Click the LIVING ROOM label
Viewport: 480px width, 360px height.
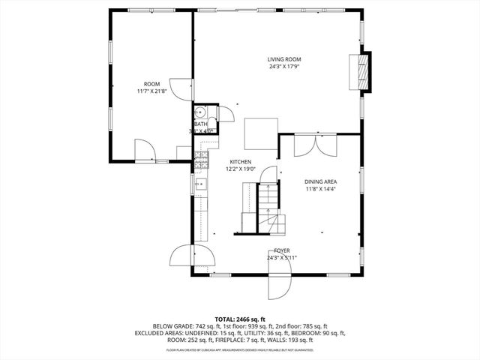click(x=284, y=59)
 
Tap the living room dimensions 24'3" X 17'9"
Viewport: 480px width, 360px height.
click(x=284, y=67)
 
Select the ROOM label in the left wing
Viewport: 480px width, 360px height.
click(x=152, y=83)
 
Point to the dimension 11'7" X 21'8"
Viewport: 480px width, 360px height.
click(x=152, y=91)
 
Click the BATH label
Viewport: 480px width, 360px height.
click(x=201, y=124)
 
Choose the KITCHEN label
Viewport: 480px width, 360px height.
click(x=241, y=161)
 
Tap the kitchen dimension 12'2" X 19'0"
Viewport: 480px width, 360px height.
click(x=241, y=169)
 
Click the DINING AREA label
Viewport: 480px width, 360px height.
click(x=320, y=181)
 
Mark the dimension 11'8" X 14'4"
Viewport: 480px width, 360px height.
click(x=320, y=189)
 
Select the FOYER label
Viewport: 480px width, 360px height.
click(x=282, y=250)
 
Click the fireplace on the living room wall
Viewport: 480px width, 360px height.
click(x=364, y=71)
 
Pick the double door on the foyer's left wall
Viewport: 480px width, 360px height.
click(x=182, y=256)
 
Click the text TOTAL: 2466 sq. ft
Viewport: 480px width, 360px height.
click(x=240, y=319)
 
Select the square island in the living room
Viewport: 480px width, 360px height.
click(x=262, y=133)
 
